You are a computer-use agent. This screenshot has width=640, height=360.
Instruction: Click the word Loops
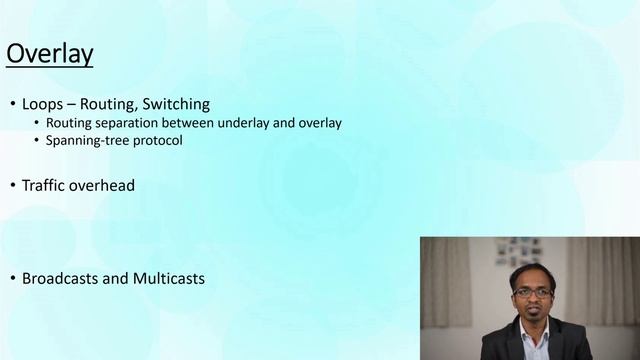click(x=42, y=103)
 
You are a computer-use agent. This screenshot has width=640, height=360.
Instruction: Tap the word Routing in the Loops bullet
click(x=108, y=103)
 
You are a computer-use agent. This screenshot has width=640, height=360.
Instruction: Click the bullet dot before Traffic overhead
click(x=12, y=186)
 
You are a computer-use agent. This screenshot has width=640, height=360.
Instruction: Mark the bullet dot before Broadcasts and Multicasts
click(x=12, y=279)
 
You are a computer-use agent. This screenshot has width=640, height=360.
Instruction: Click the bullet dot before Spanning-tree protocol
click(x=37, y=141)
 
